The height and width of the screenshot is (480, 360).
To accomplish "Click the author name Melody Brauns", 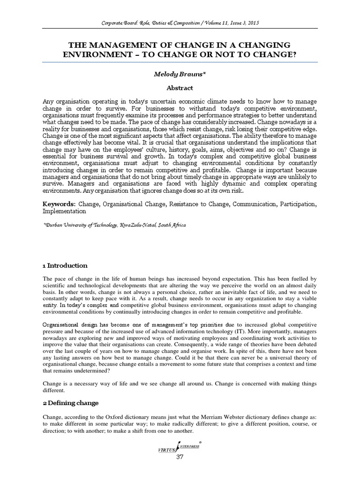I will pyautogui.click(x=180, y=74).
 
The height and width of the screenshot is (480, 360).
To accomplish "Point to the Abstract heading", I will pyautogui.click(x=180, y=87).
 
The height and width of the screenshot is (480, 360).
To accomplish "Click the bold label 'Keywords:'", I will pyautogui.click(x=59, y=204).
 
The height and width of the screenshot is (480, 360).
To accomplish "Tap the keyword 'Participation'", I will pyautogui.click(x=298, y=204).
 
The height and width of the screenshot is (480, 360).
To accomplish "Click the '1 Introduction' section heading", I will pyautogui.click(x=65, y=265).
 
